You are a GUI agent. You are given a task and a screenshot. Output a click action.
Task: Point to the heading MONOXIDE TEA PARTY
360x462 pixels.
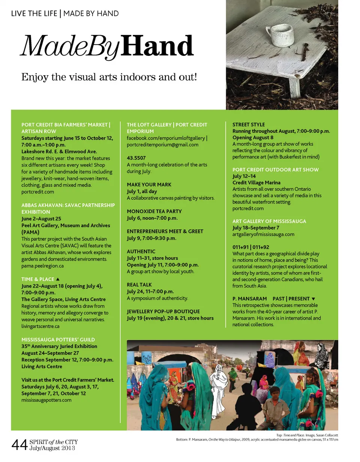click(x=154, y=211)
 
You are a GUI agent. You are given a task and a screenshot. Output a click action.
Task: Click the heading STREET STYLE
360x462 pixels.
click(x=249, y=124)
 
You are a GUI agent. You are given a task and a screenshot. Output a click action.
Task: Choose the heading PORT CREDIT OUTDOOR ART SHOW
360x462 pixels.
click(x=276, y=169)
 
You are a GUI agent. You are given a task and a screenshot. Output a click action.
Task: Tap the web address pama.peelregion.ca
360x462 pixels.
click(x=43, y=265)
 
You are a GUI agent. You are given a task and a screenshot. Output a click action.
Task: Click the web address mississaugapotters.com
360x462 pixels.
click(x=46, y=400)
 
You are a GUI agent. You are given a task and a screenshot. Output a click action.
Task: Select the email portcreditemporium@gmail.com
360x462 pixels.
click(x=163, y=144)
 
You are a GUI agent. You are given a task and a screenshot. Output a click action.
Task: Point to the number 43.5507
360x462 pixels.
click(x=136, y=158)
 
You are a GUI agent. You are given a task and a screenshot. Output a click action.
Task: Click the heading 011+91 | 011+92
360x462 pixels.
click(x=251, y=247)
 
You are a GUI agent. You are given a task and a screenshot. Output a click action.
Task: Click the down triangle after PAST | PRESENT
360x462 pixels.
click(x=313, y=298)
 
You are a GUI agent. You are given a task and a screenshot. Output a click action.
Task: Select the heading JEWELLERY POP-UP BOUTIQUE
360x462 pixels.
click(x=163, y=311)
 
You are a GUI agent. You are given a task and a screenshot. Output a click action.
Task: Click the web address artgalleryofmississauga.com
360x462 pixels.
click(x=263, y=234)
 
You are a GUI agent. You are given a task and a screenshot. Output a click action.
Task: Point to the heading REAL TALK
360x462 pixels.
click(x=139, y=285)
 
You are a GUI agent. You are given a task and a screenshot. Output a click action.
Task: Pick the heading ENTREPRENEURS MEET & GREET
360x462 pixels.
click(x=165, y=231)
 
